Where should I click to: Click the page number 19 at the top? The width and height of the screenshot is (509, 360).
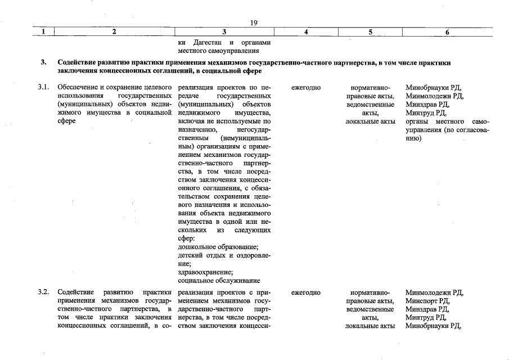tap(254, 22)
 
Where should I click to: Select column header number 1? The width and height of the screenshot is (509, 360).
tap(43, 33)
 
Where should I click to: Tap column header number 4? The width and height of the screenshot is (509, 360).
tap(306, 33)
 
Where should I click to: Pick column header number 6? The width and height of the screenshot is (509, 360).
tap(447, 33)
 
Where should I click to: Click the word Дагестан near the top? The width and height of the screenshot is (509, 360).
tap(209, 43)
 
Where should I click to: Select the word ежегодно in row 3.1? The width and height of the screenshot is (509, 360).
tap(306, 88)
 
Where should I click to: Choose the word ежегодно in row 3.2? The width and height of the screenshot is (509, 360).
tap(306, 293)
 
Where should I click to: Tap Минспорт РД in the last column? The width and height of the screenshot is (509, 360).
tap(426, 301)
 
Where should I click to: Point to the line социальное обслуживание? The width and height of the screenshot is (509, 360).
tap(219, 280)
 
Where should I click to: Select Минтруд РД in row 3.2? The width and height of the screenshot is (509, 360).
tap(426, 317)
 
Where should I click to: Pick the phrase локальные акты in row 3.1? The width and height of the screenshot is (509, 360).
tap(370, 121)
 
